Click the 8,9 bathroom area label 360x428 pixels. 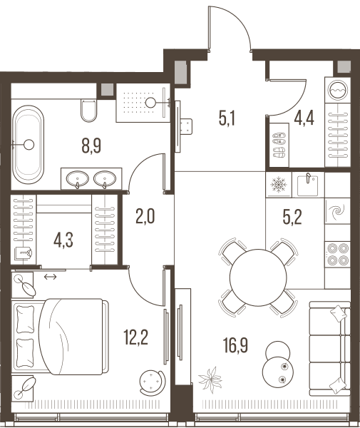pyautogui.click(x=91, y=146)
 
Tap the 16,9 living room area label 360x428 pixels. pyautogui.click(x=235, y=345)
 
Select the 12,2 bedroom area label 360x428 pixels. pyautogui.click(x=136, y=337)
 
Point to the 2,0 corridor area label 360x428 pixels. pyautogui.click(x=145, y=216)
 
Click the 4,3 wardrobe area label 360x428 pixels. pyautogui.click(x=63, y=240)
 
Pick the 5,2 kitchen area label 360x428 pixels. pyautogui.click(x=292, y=218)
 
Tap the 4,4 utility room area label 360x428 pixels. pyautogui.click(x=304, y=118)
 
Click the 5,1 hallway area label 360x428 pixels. pyautogui.click(x=227, y=118)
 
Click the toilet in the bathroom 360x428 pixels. pyautogui.click(x=88, y=111)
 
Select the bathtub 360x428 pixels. pyautogui.click(x=29, y=145)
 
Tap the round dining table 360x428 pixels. pyautogui.click(x=258, y=277)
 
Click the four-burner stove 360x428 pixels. pyautogui.click(x=338, y=255)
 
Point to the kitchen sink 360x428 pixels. pyautogui.click(x=308, y=184)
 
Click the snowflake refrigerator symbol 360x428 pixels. pyautogui.click(x=279, y=185)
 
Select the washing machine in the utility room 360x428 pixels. pyautogui.click(x=338, y=90)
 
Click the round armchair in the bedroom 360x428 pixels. pyautogui.click(x=152, y=382)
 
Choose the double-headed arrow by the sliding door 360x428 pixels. pyautogui.click(x=51, y=277)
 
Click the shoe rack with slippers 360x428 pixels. pyautogui.click(x=279, y=145)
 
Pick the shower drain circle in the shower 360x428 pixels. pyautogui.click(x=150, y=103)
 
